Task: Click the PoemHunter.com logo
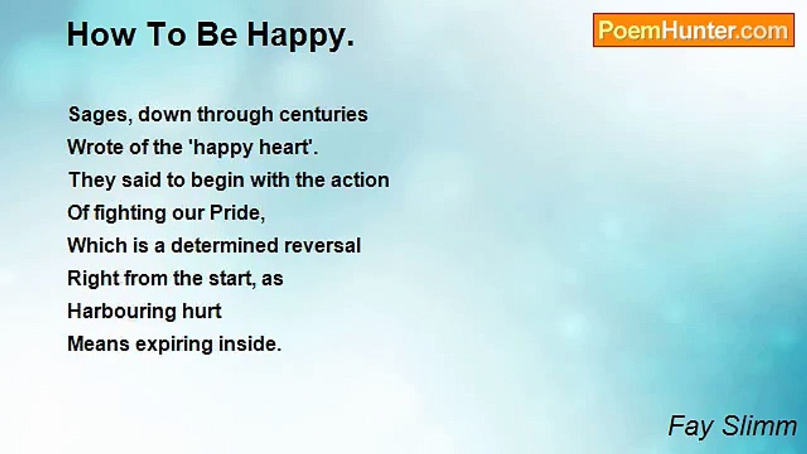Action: (694, 30)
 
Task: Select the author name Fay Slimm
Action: (733, 426)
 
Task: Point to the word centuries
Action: (323, 115)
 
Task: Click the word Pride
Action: (237, 212)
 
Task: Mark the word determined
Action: (224, 245)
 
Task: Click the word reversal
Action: (322, 246)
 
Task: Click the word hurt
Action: (202, 311)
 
